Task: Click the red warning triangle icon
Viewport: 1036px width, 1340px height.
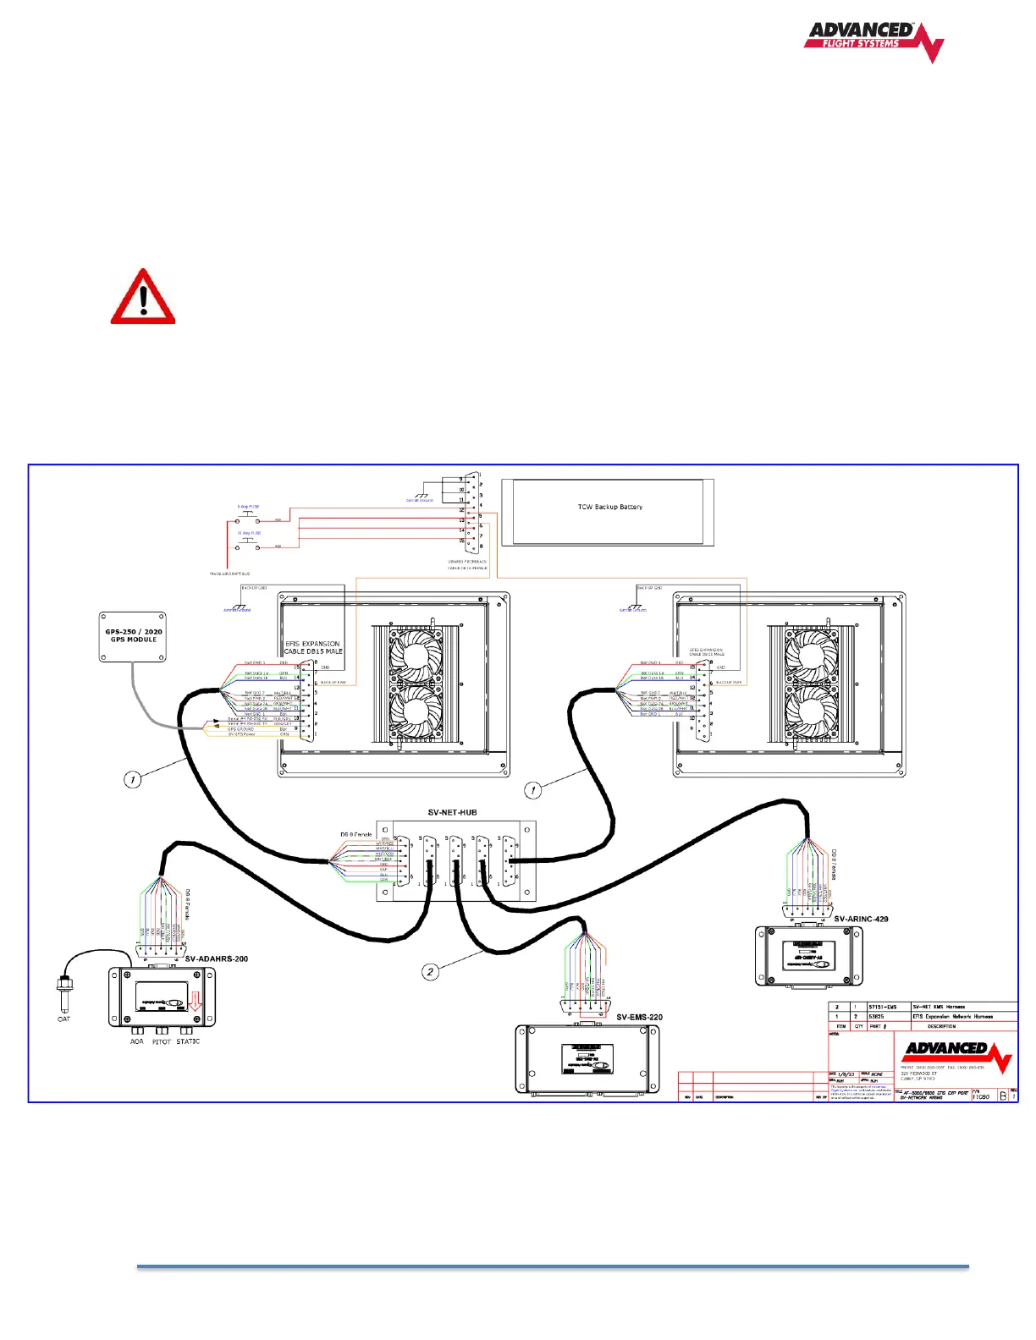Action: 143,298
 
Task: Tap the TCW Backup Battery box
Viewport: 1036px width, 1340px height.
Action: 609,510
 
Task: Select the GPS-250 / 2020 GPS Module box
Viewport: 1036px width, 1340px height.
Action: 133,637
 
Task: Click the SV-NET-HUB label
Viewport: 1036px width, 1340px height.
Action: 452,812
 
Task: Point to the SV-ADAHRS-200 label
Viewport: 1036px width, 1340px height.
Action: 217,958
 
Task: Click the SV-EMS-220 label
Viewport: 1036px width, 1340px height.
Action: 639,1017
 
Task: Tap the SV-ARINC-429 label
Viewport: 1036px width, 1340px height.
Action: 861,919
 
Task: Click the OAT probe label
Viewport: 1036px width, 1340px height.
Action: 63,1019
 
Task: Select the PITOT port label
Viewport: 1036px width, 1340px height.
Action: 162,1042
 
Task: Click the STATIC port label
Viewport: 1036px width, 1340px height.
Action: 188,1041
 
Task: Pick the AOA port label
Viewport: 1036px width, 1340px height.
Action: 136,1042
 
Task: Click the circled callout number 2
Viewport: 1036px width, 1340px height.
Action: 430,972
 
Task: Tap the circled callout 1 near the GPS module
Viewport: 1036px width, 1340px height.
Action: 132,779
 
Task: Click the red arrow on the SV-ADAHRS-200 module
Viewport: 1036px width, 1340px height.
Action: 195,1002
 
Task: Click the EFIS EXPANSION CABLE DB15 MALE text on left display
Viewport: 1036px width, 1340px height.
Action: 313,647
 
